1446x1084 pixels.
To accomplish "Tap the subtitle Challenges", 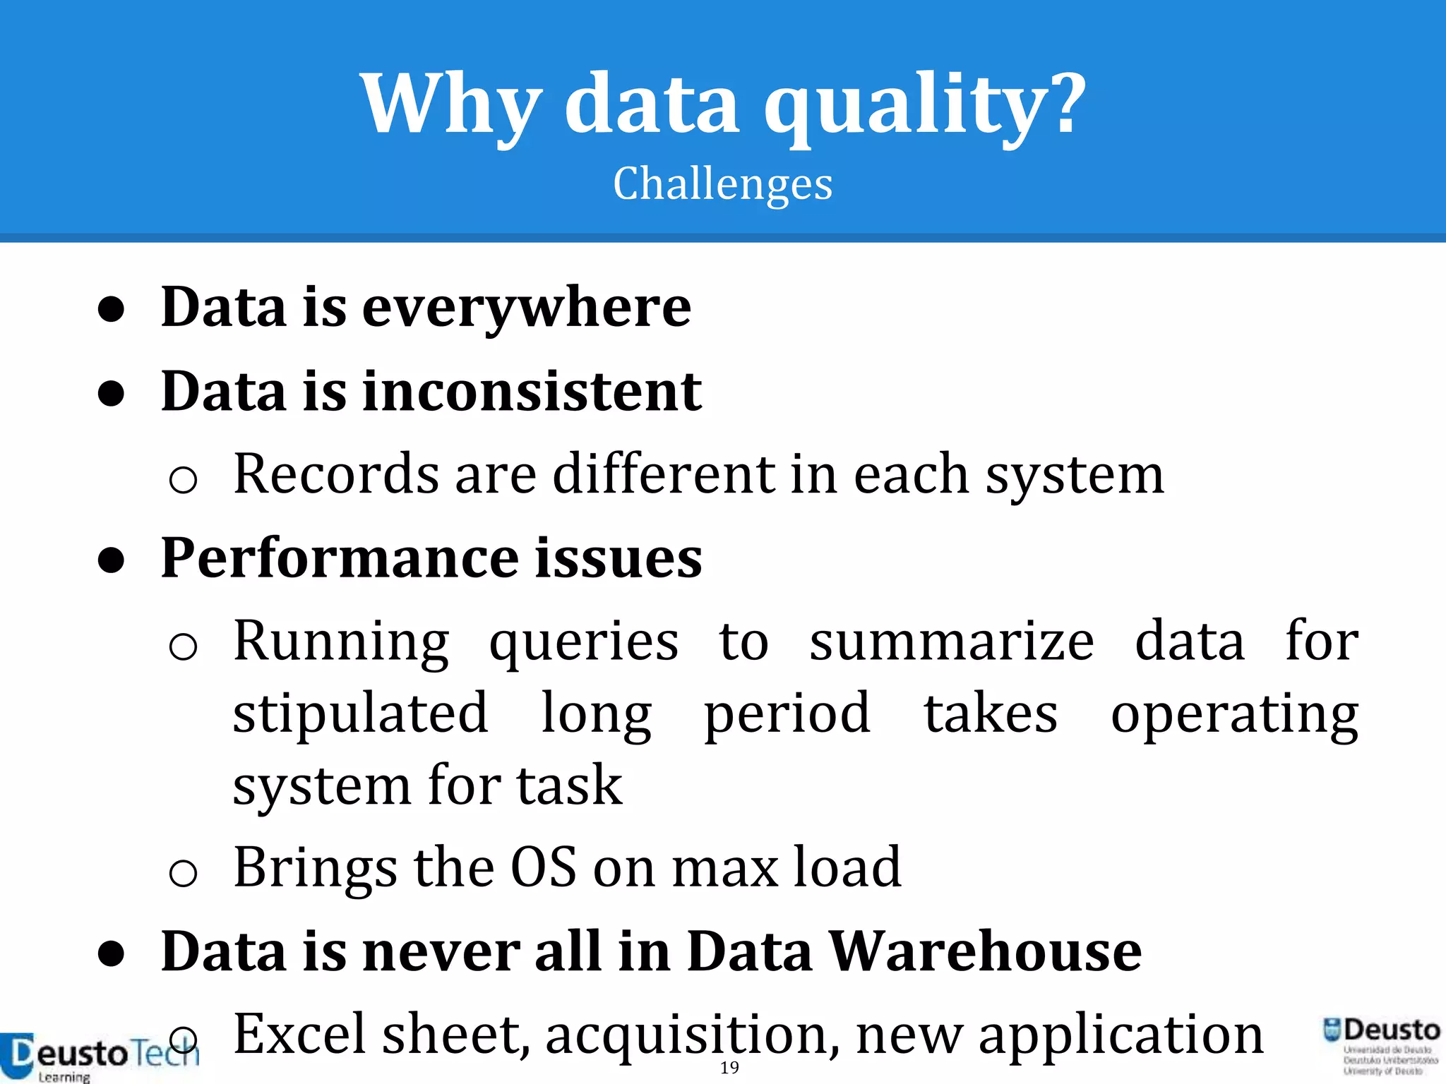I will click(722, 184).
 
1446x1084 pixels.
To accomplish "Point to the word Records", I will click(336, 474).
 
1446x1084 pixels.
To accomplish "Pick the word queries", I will click(584, 642).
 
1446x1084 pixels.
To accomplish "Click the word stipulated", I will click(360, 713).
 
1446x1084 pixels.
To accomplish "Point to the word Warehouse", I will click(985, 951).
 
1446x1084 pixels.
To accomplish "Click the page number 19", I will click(729, 1068).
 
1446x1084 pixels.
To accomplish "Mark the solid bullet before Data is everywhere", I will click(112, 309).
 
